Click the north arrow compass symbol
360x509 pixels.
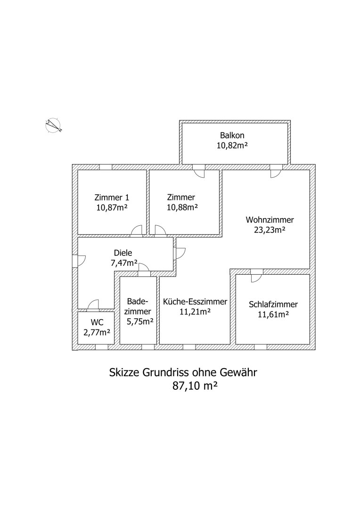point(53,125)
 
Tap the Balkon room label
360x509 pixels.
point(232,135)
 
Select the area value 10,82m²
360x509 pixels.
point(232,146)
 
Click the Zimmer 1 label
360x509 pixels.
point(112,197)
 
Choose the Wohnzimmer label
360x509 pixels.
point(270,220)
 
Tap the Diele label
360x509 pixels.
point(123,253)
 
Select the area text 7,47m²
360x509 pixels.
point(124,263)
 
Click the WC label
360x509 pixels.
point(97,323)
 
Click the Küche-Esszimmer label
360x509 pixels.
point(195,302)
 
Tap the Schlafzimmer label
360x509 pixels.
point(273,304)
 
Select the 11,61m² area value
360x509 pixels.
point(273,314)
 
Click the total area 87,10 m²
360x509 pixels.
point(194,386)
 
